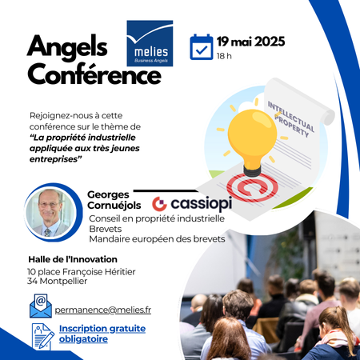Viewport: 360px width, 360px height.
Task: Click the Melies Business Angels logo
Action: (x=150, y=43)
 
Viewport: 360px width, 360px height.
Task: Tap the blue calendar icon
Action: (x=202, y=47)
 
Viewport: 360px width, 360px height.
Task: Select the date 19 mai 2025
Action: (x=250, y=42)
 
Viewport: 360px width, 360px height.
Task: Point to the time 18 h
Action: (x=224, y=56)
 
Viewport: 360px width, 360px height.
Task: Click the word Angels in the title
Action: (x=67, y=47)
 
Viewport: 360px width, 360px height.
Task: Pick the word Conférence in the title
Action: (x=94, y=74)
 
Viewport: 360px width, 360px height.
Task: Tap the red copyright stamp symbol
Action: (x=252, y=187)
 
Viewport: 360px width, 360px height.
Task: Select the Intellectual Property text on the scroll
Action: (x=291, y=119)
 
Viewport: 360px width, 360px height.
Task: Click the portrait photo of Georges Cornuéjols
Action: (x=50, y=213)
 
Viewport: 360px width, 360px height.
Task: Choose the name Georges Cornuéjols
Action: (x=114, y=200)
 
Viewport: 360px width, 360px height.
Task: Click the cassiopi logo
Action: (x=192, y=204)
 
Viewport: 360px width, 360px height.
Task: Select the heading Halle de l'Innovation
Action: (x=73, y=259)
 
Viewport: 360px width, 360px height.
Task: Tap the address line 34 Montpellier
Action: (x=57, y=281)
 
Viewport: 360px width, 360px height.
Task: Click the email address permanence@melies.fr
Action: (x=103, y=310)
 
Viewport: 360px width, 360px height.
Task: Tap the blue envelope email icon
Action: (x=41, y=306)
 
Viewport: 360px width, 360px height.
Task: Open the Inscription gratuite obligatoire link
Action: (x=102, y=334)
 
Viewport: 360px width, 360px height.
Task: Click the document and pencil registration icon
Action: (x=43, y=337)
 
